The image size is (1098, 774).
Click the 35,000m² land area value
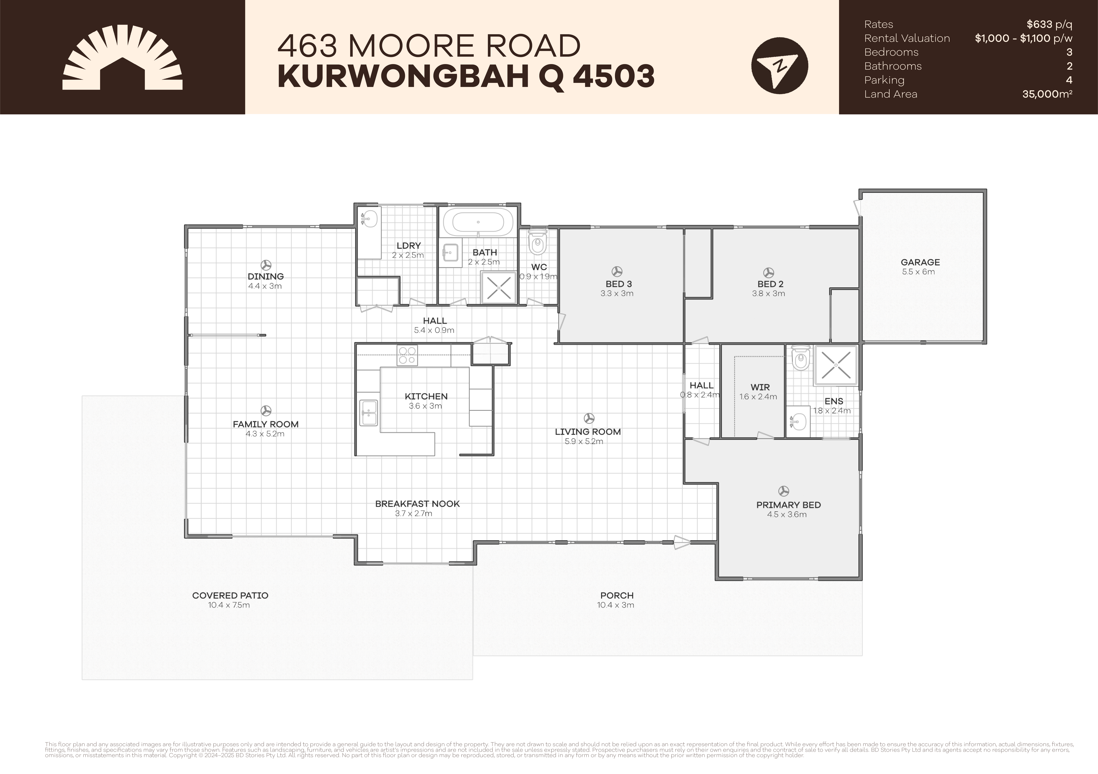(1047, 94)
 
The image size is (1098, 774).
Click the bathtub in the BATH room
(478, 222)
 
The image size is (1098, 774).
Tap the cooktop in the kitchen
(407, 355)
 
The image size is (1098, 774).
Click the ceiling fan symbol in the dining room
(266, 265)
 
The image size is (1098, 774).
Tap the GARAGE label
(920, 262)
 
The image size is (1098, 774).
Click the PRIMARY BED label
(788, 505)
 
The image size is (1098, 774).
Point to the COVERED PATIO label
(230, 595)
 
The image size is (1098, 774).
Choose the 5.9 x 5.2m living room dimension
(584, 441)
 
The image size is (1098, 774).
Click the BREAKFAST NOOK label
(417, 503)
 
